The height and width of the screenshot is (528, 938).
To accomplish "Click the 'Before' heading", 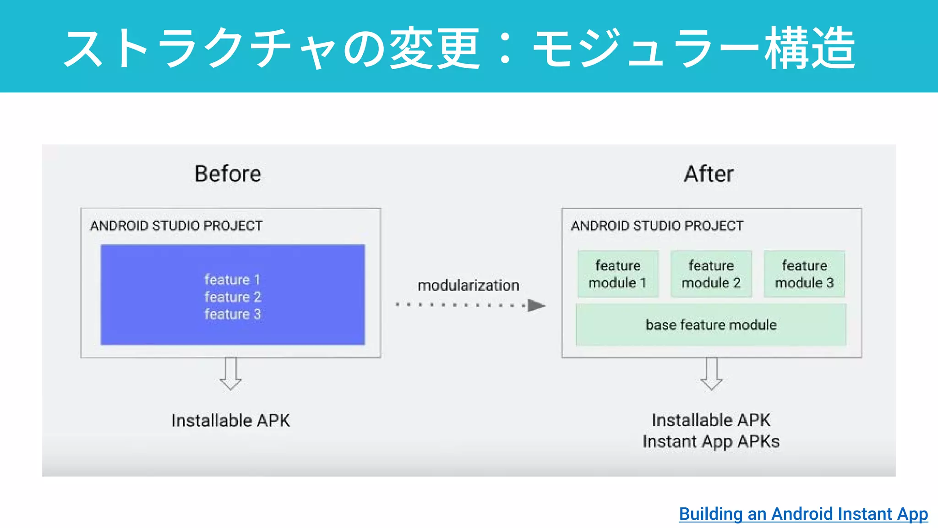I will pos(228,174).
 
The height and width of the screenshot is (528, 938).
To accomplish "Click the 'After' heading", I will pos(709,174).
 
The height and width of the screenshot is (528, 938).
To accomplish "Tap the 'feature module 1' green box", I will pos(618,274).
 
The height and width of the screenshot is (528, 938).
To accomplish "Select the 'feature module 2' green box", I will pos(711,274).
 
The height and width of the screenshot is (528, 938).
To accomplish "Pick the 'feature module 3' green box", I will pos(804,274).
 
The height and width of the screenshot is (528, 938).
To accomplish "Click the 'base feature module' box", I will pos(711,325).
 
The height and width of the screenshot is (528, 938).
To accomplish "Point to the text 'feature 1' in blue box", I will pos(232,280).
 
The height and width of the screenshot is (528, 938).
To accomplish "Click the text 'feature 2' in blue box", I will pos(233,297).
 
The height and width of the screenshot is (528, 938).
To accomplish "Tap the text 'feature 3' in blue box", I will pos(233,314).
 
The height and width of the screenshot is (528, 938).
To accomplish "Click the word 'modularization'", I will pos(468,286).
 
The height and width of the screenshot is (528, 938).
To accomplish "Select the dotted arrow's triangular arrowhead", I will pos(535,305).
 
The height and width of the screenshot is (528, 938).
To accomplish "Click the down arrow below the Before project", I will pos(230,374).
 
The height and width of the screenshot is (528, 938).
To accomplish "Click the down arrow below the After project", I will pos(711,374).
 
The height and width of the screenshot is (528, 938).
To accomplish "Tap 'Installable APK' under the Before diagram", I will pos(231,421).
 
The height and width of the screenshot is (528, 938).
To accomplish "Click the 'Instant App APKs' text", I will pos(711,442).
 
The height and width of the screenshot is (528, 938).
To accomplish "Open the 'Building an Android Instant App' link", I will pos(803,514).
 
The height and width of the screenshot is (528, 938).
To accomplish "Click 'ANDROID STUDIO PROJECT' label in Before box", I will pos(176,226).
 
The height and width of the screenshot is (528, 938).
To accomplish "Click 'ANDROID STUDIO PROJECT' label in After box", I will pos(657,226).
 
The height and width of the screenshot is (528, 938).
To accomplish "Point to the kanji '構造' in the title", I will pos(810,48).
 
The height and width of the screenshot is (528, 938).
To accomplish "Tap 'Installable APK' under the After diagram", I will pos(711,420).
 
